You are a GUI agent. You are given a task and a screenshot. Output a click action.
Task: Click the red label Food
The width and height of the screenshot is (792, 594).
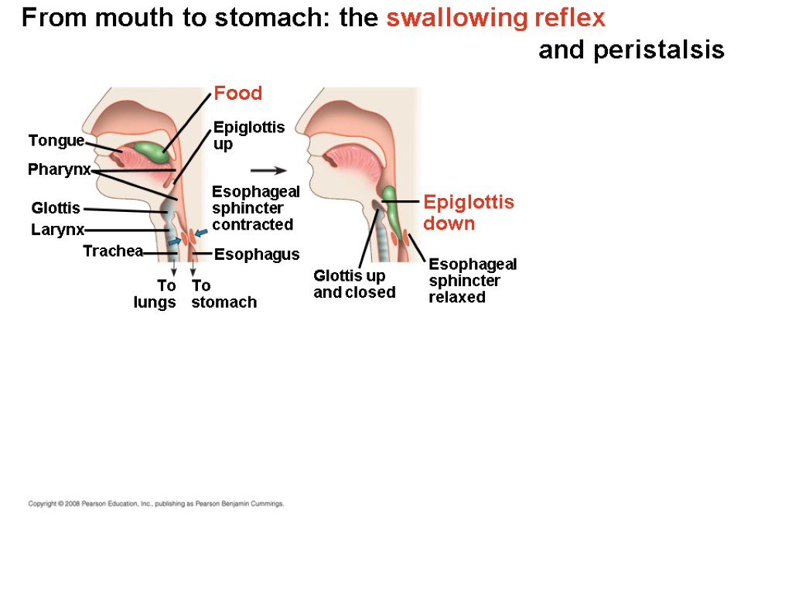click(238, 94)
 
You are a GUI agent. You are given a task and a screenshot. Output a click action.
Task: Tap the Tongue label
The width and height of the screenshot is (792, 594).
click(56, 140)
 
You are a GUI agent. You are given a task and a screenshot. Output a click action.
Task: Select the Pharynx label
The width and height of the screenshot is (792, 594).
click(59, 169)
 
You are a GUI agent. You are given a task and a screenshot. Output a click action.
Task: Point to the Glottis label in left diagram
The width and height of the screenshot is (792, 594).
click(56, 208)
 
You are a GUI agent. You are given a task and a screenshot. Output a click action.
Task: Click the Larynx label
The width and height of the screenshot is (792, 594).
click(57, 230)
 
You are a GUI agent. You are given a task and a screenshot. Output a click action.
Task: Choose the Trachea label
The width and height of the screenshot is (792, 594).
click(113, 251)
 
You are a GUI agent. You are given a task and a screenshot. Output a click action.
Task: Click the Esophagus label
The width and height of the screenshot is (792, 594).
click(257, 254)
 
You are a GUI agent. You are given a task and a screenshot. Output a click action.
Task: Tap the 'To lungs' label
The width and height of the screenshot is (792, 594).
click(155, 294)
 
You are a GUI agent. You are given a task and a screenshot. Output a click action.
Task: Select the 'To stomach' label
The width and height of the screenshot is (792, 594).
click(224, 294)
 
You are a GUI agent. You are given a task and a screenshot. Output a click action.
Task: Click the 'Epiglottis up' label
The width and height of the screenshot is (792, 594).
click(249, 135)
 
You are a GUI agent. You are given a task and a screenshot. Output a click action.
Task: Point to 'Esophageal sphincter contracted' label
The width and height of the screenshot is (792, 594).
click(255, 208)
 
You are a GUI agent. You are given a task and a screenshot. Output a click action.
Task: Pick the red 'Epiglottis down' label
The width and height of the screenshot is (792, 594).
click(469, 213)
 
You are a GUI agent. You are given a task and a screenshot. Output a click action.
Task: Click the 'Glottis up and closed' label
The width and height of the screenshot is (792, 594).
click(354, 284)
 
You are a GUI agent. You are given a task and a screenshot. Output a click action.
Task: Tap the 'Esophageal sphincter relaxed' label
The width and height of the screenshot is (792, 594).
click(473, 280)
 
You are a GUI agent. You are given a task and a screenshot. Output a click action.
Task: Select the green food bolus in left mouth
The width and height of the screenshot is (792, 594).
click(153, 152)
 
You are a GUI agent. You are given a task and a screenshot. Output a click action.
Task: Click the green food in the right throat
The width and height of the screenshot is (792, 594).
click(393, 209)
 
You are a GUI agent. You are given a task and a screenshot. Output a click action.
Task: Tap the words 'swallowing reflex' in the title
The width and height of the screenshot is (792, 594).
click(496, 18)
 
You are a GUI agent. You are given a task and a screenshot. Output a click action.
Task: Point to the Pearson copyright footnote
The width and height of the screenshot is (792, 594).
click(156, 504)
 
